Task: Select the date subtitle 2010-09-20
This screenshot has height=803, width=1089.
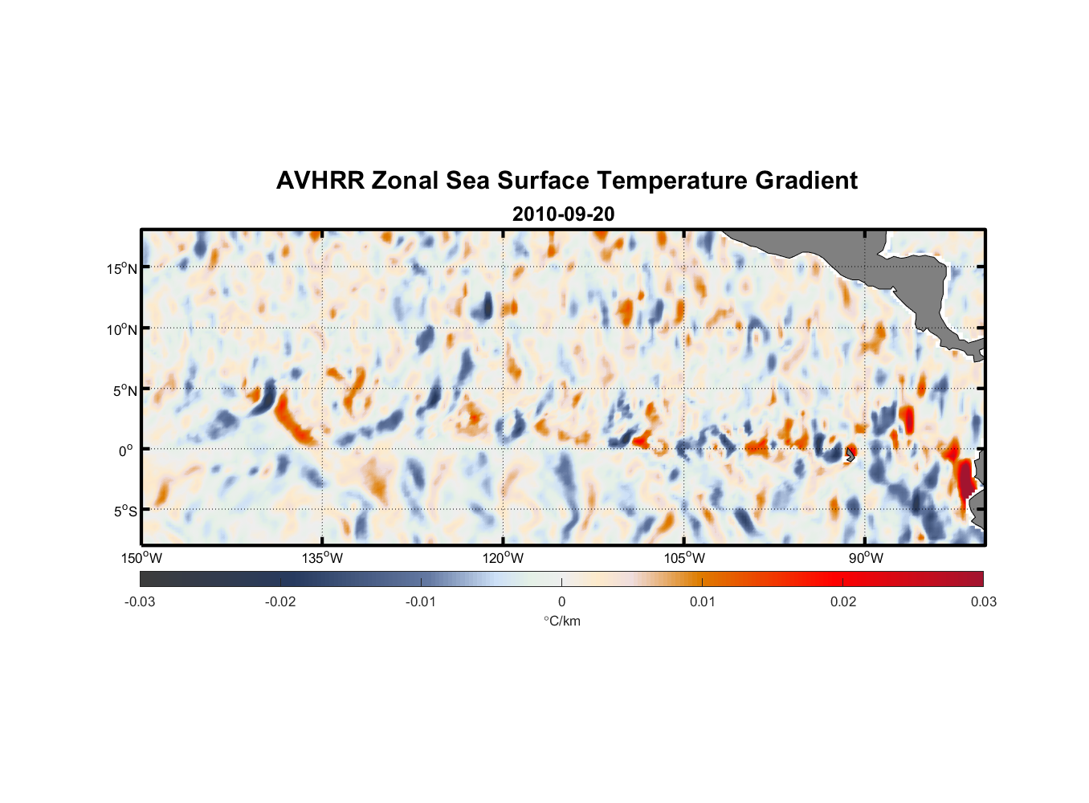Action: (x=563, y=214)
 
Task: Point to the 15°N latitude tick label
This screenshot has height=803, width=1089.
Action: (x=121, y=268)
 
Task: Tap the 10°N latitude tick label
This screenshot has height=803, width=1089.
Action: (x=121, y=329)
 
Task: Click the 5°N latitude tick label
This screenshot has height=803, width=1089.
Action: (x=124, y=390)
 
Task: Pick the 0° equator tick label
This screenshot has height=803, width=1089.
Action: (x=126, y=450)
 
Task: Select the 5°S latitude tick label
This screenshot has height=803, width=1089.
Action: (x=124, y=511)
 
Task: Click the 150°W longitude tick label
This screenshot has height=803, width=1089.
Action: (x=141, y=558)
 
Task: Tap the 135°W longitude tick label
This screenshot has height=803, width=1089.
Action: (x=322, y=558)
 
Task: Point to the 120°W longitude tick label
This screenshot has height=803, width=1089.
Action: (x=503, y=558)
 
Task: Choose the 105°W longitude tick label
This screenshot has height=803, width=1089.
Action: (x=684, y=558)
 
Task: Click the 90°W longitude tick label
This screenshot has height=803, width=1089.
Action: (x=866, y=558)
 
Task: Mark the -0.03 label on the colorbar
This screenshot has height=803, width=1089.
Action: (x=140, y=601)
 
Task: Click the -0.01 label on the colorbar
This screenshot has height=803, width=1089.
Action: (x=421, y=601)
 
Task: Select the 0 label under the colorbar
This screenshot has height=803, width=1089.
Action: (x=561, y=601)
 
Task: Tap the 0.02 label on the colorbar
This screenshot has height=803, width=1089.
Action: (x=843, y=601)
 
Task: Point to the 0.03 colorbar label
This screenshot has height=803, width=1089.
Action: (x=983, y=601)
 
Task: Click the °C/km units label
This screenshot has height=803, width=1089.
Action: (x=561, y=621)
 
